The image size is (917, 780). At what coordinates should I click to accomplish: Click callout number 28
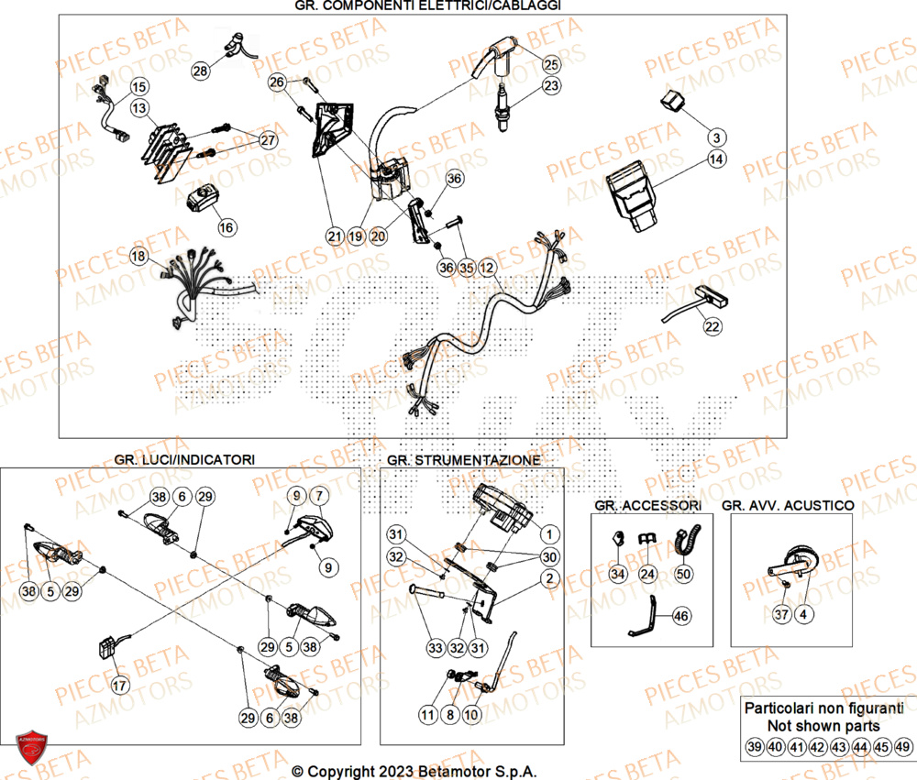tap(201, 71)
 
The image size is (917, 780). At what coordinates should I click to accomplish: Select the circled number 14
tap(716, 159)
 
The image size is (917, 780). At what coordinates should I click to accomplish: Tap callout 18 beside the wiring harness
tap(138, 258)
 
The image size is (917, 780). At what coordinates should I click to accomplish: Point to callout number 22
tap(713, 326)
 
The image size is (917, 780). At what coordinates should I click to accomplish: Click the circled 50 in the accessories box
tap(681, 574)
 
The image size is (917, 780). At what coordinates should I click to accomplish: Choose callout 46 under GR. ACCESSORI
tap(679, 617)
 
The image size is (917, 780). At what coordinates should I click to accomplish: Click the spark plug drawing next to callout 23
tap(503, 109)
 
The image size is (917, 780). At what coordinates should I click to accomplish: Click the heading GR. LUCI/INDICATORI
tap(184, 458)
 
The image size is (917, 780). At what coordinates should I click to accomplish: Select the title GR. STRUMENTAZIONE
tap(463, 458)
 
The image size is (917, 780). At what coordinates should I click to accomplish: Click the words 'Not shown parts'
tap(823, 726)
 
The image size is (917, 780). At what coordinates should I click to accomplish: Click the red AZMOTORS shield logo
tap(31, 750)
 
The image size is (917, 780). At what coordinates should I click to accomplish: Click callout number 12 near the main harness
tap(487, 268)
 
